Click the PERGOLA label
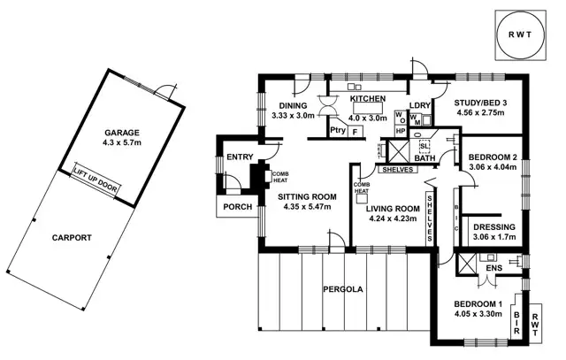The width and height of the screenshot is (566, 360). point(343,289)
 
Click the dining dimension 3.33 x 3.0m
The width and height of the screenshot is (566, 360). point(293,116)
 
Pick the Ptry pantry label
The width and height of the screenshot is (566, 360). point(336,131)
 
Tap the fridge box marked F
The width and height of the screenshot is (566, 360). point(356,131)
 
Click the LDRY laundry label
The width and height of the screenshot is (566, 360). point(419,106)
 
